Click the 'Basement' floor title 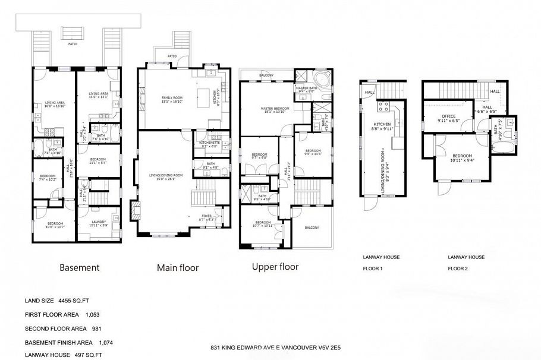click(x=79, y=268)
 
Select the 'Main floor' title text click(x=177, y=268)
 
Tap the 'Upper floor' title click(x=275, y=267)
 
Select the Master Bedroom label click(x=274, y=110)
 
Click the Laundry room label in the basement click(x=99, y=223)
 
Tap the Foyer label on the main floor click(x=206, y=217)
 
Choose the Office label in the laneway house click(x=448, y=118)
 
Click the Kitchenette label click(x=210, y=144)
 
